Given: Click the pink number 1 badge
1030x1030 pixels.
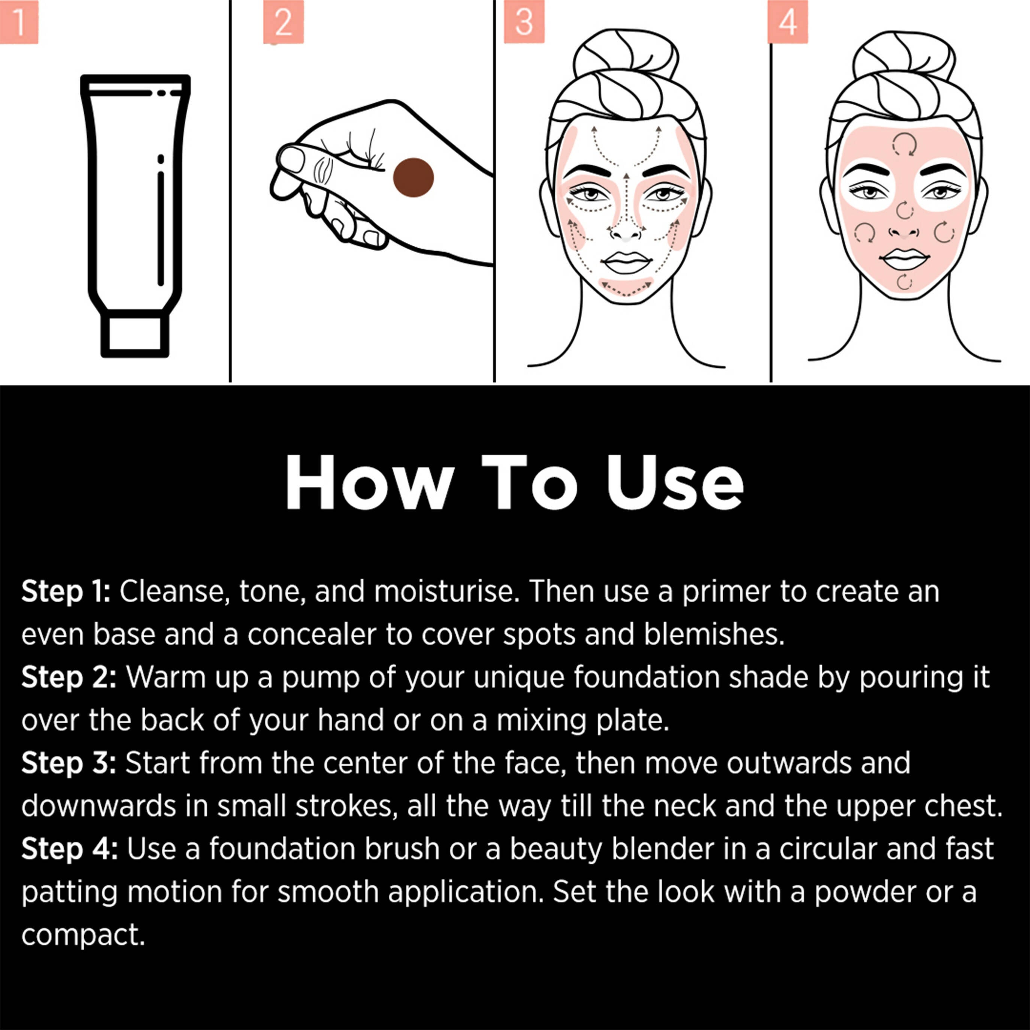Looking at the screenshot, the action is point(19,21).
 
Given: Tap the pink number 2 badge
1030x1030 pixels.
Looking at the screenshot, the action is point(283,21).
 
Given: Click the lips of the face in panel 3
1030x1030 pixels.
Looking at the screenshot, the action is point(627,262).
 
